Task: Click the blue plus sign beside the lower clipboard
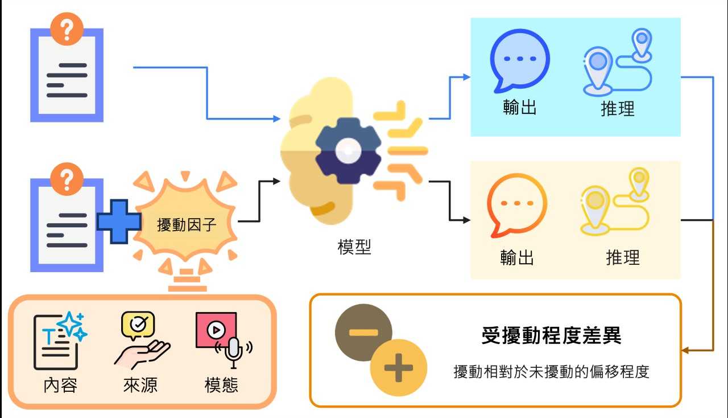[119, 222]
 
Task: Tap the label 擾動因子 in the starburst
[187, 224]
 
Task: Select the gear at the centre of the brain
[348, 151]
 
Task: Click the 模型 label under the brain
[354, 247]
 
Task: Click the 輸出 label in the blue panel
[520, 107]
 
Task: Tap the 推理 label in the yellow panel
[623, 257]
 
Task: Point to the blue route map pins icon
[618, 63]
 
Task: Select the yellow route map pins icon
[615, 201]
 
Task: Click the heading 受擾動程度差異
[551, 335]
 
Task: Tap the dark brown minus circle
[363, 333]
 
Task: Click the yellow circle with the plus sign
[399, 367]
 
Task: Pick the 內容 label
[60, 385]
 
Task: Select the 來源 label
[140, 385]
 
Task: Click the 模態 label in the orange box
[221, 385]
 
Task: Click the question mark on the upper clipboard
[67, 29]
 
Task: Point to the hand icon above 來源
[142, 355]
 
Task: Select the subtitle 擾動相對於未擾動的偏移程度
[551, 372]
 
